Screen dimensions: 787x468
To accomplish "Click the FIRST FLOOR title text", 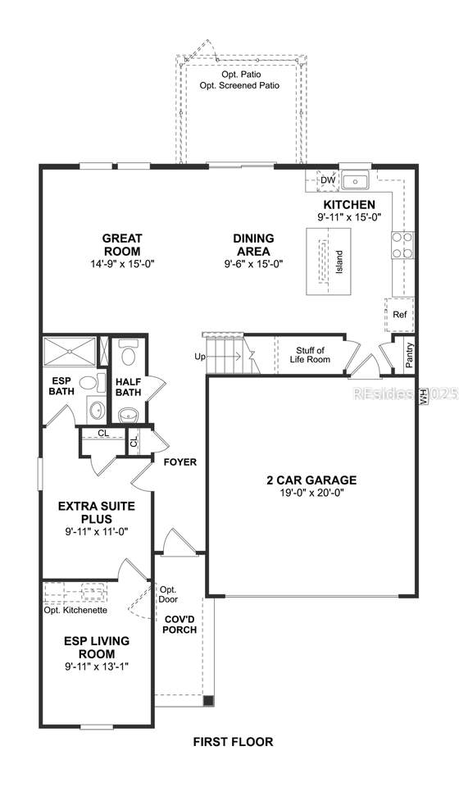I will (x=233, y=742).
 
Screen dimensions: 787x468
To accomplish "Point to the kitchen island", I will (x=325, y=262).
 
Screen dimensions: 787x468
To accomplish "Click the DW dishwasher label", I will (x=328, y=180).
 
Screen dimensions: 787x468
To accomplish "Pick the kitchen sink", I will (x=356, y=180).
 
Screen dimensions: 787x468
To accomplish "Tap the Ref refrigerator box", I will (x=400, y=314).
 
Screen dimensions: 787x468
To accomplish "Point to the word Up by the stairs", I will (x=199, y=357).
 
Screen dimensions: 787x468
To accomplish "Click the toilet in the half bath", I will (x=128, y=355).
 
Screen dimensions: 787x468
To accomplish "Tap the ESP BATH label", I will (x=61, y=385).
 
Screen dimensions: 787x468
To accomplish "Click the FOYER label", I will (x=179, y=462).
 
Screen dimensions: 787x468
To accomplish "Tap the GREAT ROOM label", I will (x=122, y=244).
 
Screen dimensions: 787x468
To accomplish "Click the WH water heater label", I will (x=424, y=395).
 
